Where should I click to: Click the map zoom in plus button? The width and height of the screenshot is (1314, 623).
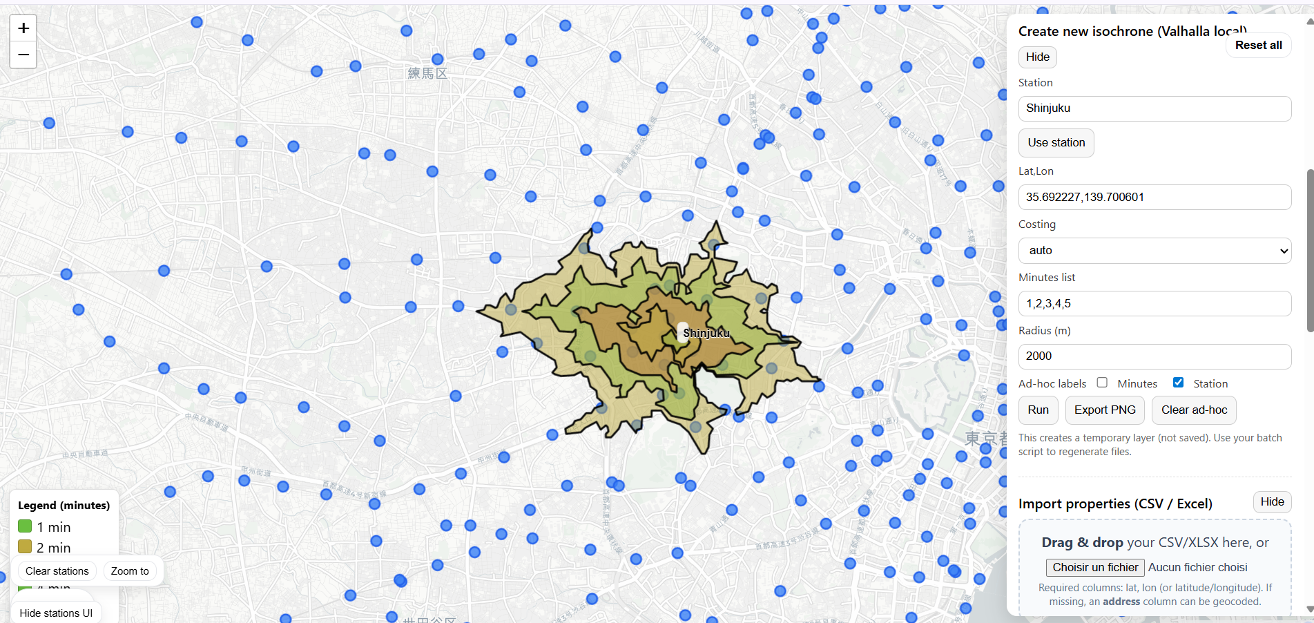pyautogui.click(x=23, y=28)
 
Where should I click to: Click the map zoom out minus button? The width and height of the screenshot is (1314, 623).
pyautogui.click(x=23, y=55)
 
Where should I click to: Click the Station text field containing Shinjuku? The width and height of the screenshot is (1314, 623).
pyautogui.click(x=1154, y=108)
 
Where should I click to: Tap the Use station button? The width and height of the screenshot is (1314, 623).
pyautogui.click(x=1056, y=143)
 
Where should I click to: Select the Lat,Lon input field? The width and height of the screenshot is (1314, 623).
pyautogui.click(x=1154, y=197)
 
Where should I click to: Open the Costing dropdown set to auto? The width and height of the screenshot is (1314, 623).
pyautogui.click(x=1154, y=251)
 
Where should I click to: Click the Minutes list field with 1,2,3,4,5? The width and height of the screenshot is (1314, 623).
pyautogui.click(x=1154, y=303)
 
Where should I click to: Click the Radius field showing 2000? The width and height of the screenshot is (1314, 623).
pyautogui.click(x=1154, y=356)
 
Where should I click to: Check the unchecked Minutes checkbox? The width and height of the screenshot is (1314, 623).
pyautogui.click(x=1102, y=383)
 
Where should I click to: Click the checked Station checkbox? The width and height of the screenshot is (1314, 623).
pyautogui.click(x=1178, y=383)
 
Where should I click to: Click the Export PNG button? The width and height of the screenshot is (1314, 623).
pyautogui.click(x=1104, y=410)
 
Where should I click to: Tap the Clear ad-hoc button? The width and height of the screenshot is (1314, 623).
pyautogui.click(x=1193, y=410)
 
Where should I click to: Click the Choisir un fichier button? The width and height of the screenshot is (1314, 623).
pyautogui.click(x=1094, y=568)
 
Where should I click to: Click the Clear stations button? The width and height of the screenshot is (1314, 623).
pyautogui.click(x=57, y=571)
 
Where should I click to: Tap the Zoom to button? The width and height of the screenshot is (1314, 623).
pyautogui.click(x=130, y=571)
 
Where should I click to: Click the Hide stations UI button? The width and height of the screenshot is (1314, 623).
pyautogui.click(x=56, y=613)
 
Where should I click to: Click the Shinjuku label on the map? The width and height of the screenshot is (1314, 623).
pyautogui.click(x=706, y=333)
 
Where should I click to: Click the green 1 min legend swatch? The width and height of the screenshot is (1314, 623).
pyautogui.click(x=25, y=527)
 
